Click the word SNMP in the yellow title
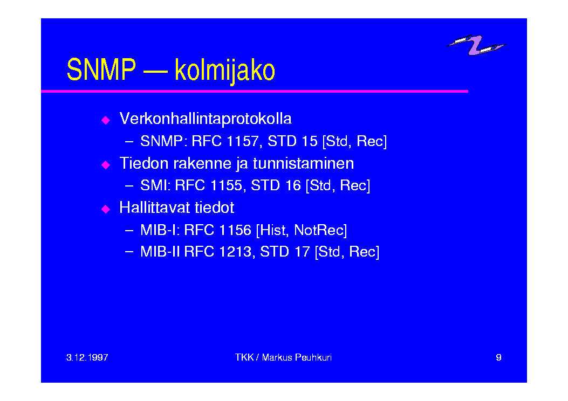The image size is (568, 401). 101,70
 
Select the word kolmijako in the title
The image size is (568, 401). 225,71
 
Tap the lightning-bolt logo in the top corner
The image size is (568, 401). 476,45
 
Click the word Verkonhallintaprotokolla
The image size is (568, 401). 206,119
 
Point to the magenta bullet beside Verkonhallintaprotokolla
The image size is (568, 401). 106,120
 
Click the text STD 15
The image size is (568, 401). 292,141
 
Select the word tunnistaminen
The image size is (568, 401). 303,163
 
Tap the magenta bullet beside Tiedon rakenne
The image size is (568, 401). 106,165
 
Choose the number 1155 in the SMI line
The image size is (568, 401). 226,185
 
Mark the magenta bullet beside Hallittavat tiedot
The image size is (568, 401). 106,209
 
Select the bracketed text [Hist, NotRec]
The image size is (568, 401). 302,230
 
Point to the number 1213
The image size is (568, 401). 236,252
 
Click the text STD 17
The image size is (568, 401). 285,252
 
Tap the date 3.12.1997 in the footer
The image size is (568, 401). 87,357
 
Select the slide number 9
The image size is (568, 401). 498,357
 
